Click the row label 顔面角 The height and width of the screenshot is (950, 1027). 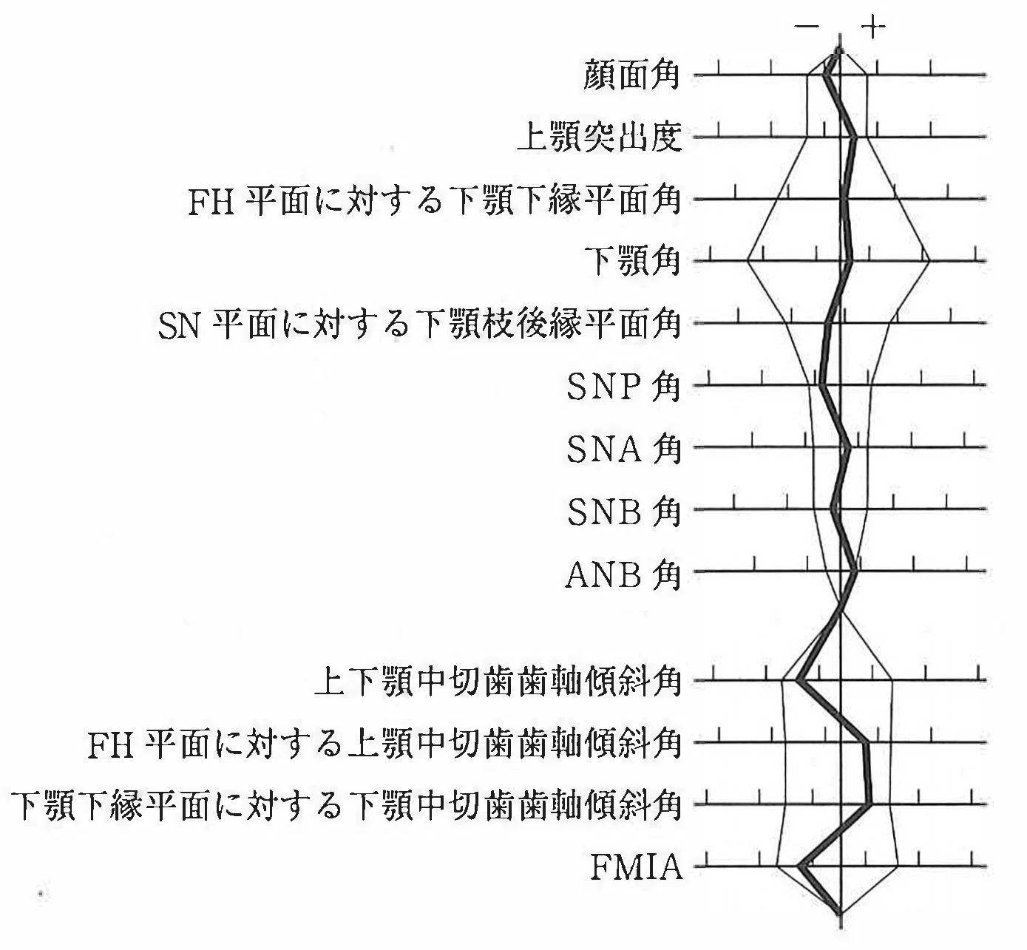tap(631, 75)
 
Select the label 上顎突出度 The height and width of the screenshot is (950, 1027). tap(600, 138)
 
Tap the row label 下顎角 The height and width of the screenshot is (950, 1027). tap(632, 261)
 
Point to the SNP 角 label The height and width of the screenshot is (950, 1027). tap(623, 386)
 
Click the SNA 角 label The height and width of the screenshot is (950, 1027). tap(623, 448)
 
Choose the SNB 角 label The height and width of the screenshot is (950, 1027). tap(623, 510)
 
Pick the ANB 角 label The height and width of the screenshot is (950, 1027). tap(623, 573)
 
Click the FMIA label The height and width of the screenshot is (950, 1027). tap(637, 866)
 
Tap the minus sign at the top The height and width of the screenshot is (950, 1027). tap(807, 27)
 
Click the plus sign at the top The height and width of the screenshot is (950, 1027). tap(873, 26)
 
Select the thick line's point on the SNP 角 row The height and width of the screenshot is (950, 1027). tap(821, 384)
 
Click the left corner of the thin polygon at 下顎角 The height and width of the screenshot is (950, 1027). tap(748, 261)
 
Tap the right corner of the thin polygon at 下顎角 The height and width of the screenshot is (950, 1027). tap(929, 261)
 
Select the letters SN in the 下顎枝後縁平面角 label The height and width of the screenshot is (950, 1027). tap(179, 327)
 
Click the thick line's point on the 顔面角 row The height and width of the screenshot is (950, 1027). tap(827, 75)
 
